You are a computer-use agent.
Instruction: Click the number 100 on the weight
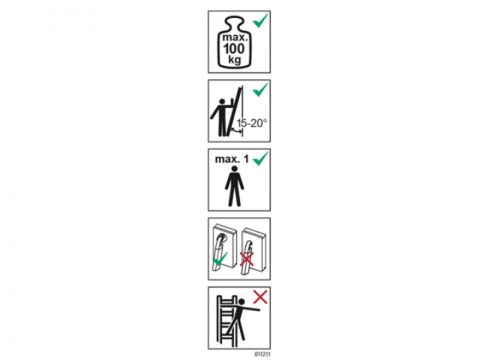[234, 49]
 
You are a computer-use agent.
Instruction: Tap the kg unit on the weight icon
[235, 59]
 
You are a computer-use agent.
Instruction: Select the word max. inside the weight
[235, 38]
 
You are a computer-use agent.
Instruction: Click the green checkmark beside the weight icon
[261, 21]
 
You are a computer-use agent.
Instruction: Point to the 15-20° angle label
[251, 123]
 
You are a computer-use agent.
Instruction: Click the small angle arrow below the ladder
[236, 131]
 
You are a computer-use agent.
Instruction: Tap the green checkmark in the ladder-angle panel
[261, 89]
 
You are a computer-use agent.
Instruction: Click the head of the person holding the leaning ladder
[223, 101]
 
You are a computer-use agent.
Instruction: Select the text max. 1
[232, 159]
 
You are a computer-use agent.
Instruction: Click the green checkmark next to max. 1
[261, 159]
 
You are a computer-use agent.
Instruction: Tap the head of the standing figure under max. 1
[235, 169]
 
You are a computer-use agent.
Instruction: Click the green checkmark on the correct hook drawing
[221, 259]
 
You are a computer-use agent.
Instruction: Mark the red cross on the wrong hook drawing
[247, 259]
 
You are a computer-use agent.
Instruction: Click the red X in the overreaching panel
[260, 297]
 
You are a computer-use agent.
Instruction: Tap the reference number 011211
[263, 355]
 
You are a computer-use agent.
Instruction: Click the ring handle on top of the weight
[234, 22]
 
